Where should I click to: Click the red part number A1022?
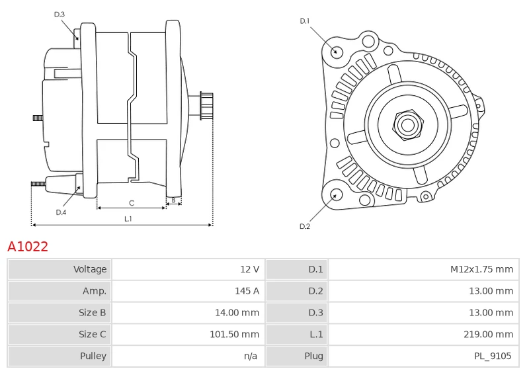point(28,247)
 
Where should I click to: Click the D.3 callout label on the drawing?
point(60,14)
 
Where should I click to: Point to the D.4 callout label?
point(61,212)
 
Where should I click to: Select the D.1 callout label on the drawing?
point(304,21)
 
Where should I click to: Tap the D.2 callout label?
point(304,226)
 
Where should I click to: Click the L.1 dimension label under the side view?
point(128,219)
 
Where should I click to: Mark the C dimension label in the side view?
point(131,202)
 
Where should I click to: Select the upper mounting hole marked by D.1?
point(335,52)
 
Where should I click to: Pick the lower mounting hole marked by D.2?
point(335,194)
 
